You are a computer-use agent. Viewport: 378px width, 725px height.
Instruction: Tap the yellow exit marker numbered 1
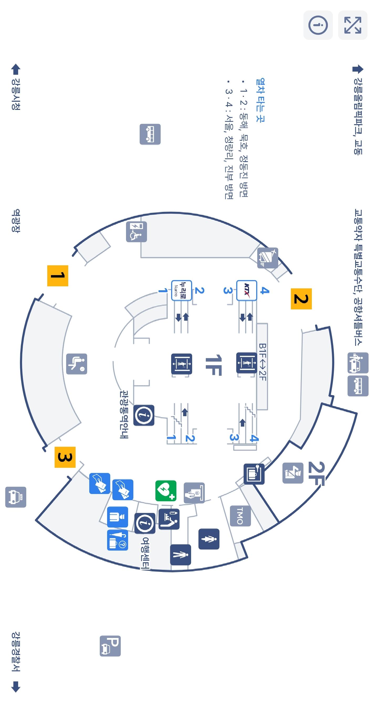(x=58, y=276)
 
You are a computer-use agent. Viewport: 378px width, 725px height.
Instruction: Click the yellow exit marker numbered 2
(x=301, y=299)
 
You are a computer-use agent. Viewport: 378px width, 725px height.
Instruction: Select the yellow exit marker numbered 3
(x=65, y=457)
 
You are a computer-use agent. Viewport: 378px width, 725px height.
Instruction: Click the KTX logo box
(x=246, y=290)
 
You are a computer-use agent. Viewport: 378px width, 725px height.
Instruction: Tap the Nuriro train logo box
(x=181, y=290)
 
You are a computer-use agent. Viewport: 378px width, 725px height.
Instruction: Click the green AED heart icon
(x=166, y=491)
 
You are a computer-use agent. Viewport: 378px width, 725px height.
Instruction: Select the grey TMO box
(x=240, y=516)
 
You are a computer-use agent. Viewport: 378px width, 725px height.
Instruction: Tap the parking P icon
(x=110, y=646)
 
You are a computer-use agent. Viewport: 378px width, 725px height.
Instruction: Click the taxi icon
(x=16, y=497)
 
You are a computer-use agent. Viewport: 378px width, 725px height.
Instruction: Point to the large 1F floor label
(x=213, y=365)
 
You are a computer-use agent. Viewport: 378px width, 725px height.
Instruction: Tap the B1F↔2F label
(x=262, y=362)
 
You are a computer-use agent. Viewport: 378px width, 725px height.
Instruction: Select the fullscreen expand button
(x=353, y=25)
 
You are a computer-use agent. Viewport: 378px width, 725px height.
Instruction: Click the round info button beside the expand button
(x=318, y=25)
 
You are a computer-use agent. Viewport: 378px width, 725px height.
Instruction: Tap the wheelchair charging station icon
(x=136, y=232)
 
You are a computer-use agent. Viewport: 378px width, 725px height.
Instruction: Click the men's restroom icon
(x=209, y=539)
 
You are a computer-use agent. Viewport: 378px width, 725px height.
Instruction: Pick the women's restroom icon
(x=181, y=555)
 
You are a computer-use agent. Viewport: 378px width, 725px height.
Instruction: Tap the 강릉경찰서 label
(x=16, y=652)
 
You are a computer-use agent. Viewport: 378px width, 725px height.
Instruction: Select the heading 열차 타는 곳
(x=260, y=100)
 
